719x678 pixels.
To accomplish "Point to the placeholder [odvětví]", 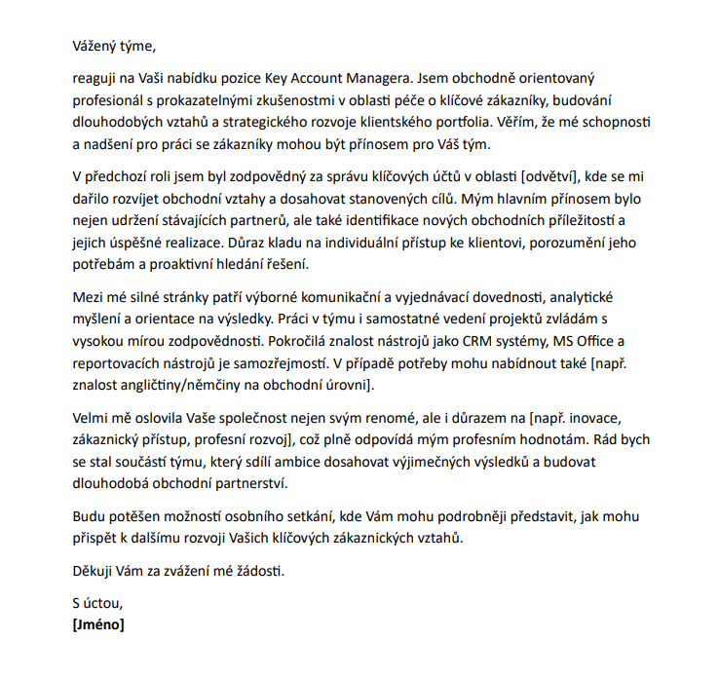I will click(549, 175).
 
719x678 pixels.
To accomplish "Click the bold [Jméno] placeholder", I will click(98, 624).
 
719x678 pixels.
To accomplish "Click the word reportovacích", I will click(119, 364).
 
